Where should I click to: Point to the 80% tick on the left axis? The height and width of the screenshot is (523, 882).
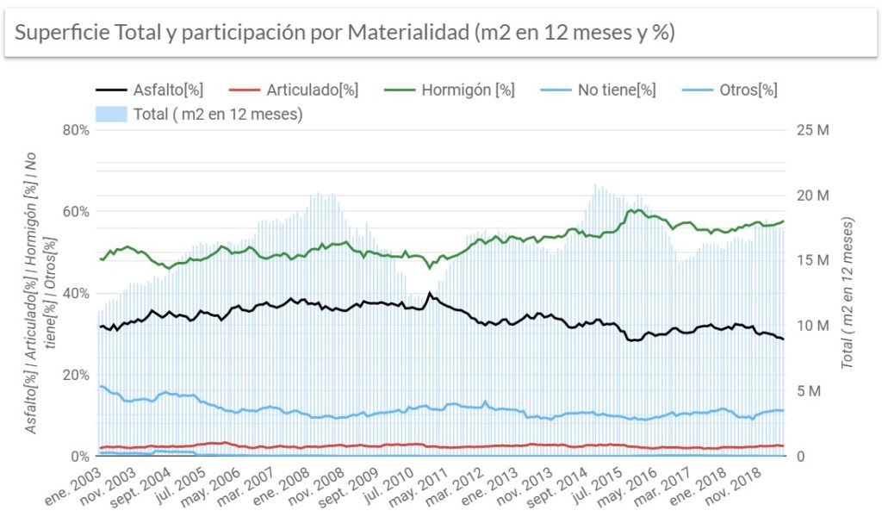pos(75,131)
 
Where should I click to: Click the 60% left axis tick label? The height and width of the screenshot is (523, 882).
pos(75,212)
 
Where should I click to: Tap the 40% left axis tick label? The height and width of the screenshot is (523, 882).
pos(75,294)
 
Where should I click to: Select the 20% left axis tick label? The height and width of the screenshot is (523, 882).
pos(75,375)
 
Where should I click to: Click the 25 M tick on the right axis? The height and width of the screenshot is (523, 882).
pos(813,131)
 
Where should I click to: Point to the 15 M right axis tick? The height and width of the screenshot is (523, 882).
pos(813,261)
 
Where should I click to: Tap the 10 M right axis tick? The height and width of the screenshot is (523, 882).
pos(813,327)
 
